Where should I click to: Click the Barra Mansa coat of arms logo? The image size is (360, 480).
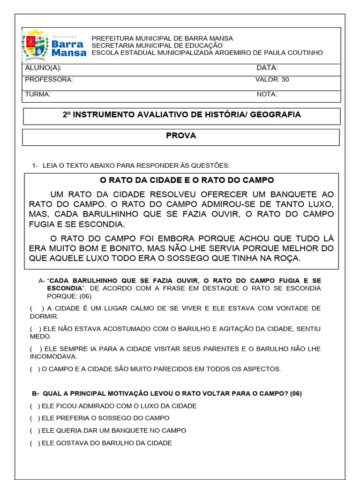pyautogui.click(x=35, y=46)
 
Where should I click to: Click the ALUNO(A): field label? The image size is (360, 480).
pyautogui.click(x=43, y=68)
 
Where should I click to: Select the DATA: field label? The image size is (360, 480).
pyautogui.click(x=267, y=68)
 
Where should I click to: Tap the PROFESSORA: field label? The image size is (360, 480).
pyautogui.click(x=49, y=80)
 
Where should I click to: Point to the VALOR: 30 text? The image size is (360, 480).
pyautogui.click(x=272, y=80)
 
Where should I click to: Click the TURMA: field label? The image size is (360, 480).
pyautogui.click(x=37, y=94)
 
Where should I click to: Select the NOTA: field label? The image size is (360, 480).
pyautogui.click(x=267, y=94)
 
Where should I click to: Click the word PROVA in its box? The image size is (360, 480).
pyautogui.click(x=181, y=136)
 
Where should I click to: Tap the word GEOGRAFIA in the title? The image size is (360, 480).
pyautogui.click(x=276, y=115)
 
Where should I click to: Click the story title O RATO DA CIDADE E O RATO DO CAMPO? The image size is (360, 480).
pyautogui.click(x=187, y=180)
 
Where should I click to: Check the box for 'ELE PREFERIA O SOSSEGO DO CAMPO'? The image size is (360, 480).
pyautogui.click(x=35, y=418)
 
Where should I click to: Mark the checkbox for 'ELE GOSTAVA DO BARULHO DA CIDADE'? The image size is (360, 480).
pyautogui.click(x=35, y=443)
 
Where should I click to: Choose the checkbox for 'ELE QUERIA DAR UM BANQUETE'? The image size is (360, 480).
pyautogui.click(x=35, y=430)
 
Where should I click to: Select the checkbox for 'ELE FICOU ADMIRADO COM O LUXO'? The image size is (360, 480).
pyautogui.click(x=35, y=406)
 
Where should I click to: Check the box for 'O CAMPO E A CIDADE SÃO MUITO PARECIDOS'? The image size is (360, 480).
pyautogui.click(x=35, y=369)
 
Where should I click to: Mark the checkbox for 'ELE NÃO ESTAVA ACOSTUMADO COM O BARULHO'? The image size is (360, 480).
pyautogui.click(x=35, y=329)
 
